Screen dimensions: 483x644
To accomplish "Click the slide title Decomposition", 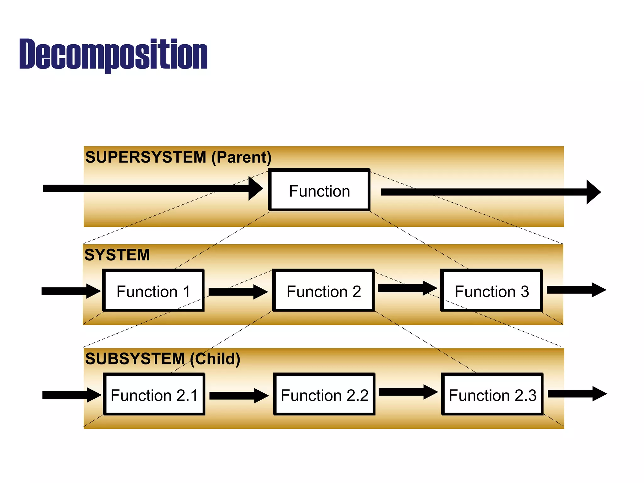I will click(x=113, y=54).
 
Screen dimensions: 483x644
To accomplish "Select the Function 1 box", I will click(x=153, y=291).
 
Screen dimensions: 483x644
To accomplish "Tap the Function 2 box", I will click(x=324, y=291).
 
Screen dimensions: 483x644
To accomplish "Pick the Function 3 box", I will click(x=491, y=291).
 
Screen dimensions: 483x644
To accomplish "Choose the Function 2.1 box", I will click(x=154, y=395).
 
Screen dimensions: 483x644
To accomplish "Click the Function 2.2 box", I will click(x=324, y=395).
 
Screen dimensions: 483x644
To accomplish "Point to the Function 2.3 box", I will click(x=492, y=395).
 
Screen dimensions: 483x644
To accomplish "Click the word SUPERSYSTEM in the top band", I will click(x=146, y=157).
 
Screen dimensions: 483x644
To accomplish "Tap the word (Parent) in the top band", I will click(x=241, y=157).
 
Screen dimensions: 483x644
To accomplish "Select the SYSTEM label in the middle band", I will click(x=117, y=255).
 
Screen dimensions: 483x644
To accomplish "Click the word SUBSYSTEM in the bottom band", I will click(x=135, y=358).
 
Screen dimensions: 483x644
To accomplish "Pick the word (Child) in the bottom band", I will click(x=215, y=358).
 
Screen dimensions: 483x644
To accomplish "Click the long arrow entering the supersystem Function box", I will click(x=151, y=188).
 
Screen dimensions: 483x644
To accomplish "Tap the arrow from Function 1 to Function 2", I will click(x=237, y=292).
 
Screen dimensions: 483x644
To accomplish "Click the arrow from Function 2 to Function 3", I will click(x=407, y=288).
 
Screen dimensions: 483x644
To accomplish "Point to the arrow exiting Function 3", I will click(x=575, y=290).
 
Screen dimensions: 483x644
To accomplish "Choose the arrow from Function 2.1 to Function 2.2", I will click(x=238, y=396).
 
